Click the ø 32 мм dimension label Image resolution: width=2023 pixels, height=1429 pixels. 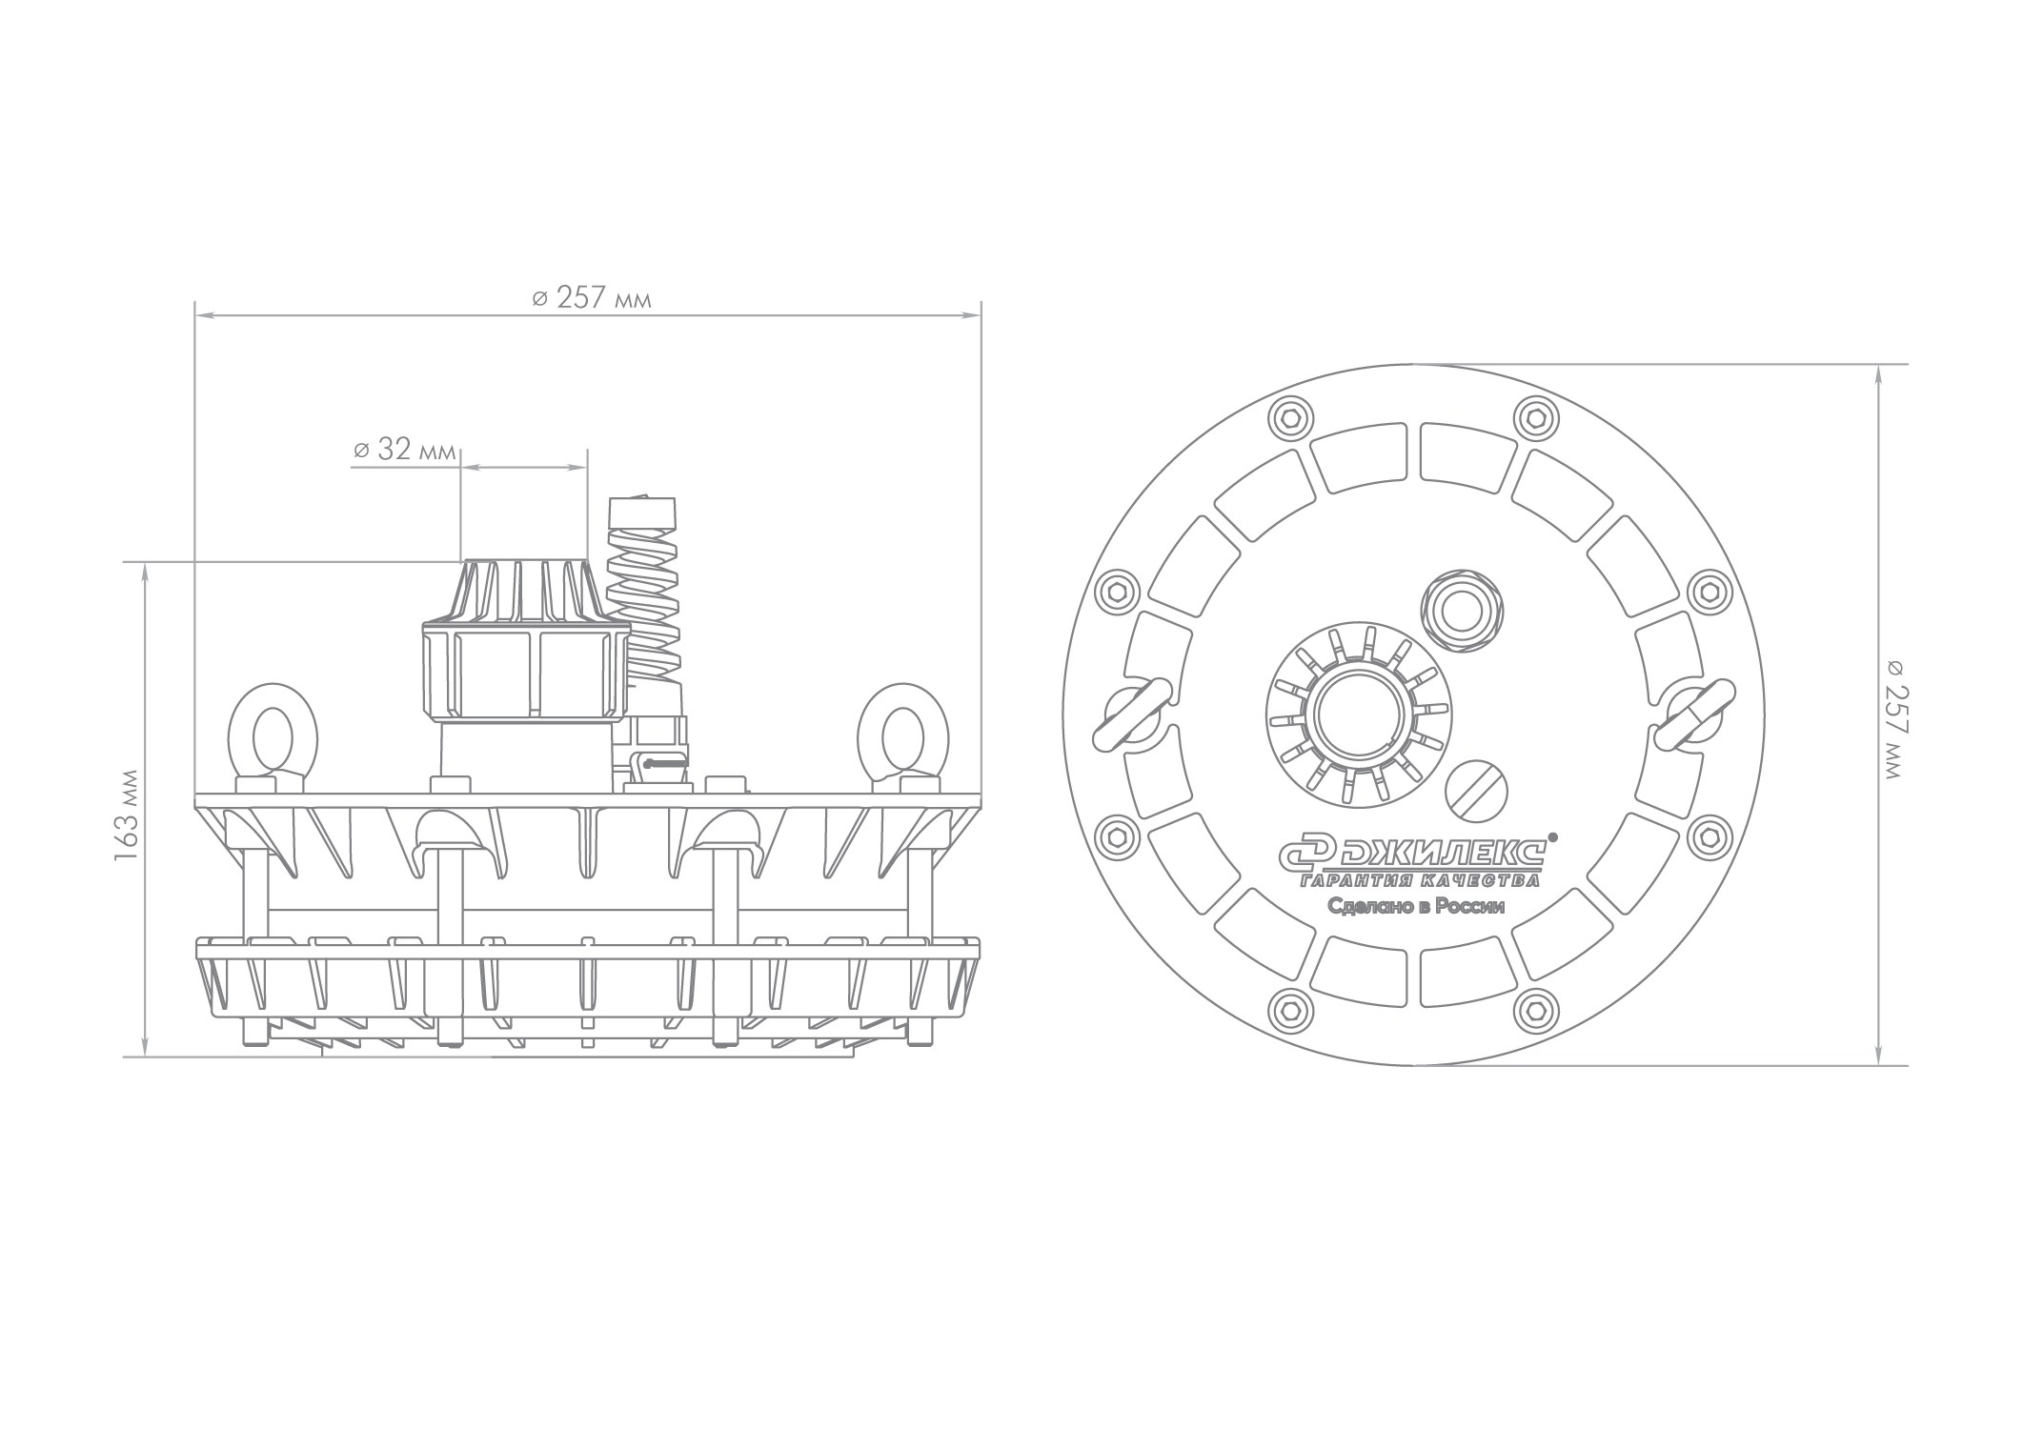[x=403, y=450]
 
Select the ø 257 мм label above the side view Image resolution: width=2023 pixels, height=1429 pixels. [x=591, y=298]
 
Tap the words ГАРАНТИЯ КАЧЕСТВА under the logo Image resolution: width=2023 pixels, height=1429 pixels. [x=1420, y=879]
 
